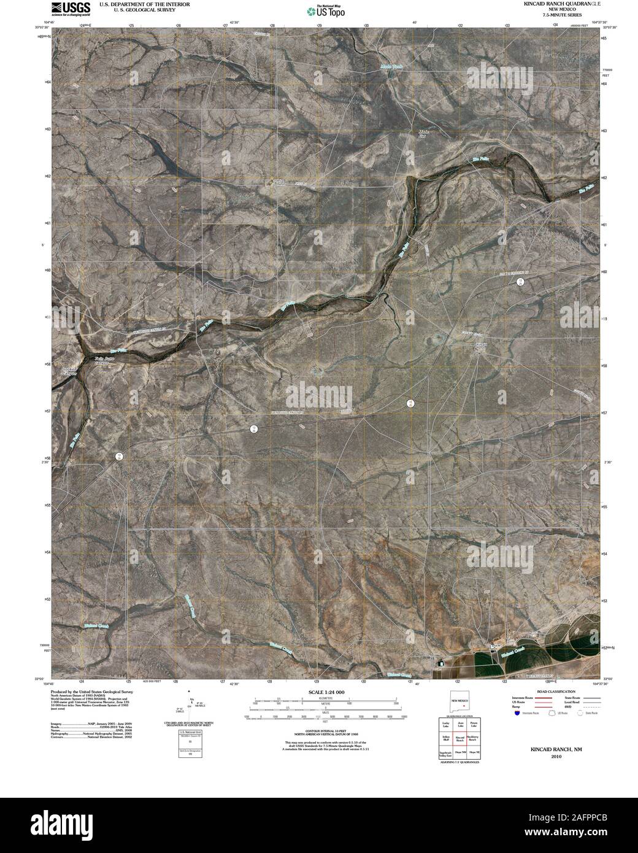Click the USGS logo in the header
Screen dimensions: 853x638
(70, 8)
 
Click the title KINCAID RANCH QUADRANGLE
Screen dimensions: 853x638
(550, 4)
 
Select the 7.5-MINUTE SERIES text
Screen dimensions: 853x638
(550, 15)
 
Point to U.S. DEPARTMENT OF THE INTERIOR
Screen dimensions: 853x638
(144, 4)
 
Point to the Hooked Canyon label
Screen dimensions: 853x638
(71, 371)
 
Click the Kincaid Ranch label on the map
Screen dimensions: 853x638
(481, 347)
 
